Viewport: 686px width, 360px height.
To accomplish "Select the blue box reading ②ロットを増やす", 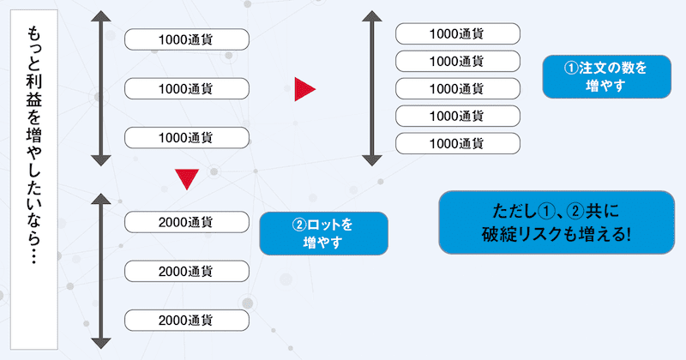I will tap(322, 234).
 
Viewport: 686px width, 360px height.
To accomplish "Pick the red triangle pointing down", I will tap(187, 177).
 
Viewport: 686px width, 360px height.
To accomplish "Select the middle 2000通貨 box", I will tap(187, 271).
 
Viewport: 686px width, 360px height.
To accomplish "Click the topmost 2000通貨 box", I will tap(187, 221).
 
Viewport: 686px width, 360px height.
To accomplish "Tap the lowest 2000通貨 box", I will tap(187, 321).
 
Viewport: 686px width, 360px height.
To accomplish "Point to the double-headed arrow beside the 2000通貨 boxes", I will tap(101, 271).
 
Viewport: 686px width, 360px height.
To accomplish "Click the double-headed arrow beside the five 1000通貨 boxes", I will tap(371, 88).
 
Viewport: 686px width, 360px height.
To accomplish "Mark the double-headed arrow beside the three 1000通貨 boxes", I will tap(101, 88).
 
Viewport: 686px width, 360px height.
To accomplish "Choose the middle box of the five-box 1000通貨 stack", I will tap(457, 88).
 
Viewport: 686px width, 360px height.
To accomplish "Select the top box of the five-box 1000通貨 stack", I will tap(457, 33).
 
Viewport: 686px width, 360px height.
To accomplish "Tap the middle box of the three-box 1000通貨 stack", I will tap(187, 88).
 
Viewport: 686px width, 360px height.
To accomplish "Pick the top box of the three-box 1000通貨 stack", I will tap(187, 39).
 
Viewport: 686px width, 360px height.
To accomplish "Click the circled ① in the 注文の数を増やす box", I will tap(570, 68).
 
